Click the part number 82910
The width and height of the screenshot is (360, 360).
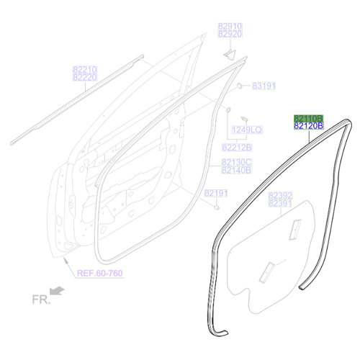pyautogui.click(x=230, y=26)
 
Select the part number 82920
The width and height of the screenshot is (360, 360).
pyautogui.click(x=230, y=34)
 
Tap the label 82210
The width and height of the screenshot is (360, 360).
pyautogui.click(x=85, y=70)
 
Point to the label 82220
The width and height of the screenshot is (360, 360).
pyautogui.click(x=85, y=77)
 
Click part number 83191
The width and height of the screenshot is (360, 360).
pyautogui.click(x=264, y=86)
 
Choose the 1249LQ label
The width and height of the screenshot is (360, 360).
pyautogui.click(x=247, y=130)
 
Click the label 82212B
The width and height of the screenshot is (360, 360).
pyautogui.click(x=237, y=148)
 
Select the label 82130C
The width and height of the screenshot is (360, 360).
pyautogui.click(x=237, y=162)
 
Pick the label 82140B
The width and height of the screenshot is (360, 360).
pyautogui.click(x=237, y=170)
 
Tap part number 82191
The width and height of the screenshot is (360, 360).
pyautogui.click(x=216, y=193)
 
